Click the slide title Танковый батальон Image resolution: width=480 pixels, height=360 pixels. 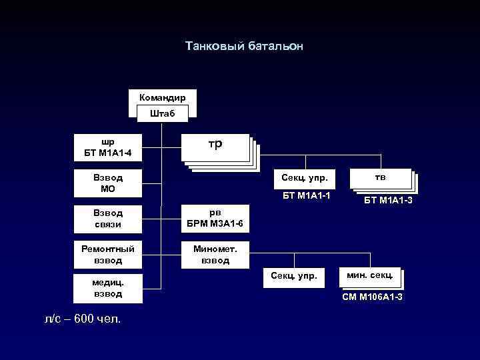[x=244, y=47]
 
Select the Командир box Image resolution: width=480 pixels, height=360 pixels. [x=162, y=97]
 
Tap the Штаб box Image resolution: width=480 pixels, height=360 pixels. [x=162, y=113]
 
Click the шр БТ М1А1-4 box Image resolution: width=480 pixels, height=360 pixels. [x=107, y=148]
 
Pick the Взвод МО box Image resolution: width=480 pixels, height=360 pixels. [x=107, y=183]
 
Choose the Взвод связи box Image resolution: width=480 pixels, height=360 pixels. [x=107, y=218]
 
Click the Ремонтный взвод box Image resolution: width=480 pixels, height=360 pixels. [x=107, y=254]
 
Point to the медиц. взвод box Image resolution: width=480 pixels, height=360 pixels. [x=107, y=288]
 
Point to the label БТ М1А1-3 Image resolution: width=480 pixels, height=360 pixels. [x=387, y=199]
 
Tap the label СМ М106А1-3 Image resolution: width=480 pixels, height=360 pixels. [x=373, y=296]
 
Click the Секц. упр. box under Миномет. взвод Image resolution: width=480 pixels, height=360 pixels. [x=294, y=275]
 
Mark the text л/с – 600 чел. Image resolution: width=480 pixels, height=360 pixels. [x=82, y=319]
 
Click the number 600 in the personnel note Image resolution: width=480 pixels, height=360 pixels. [x=84, y=319]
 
